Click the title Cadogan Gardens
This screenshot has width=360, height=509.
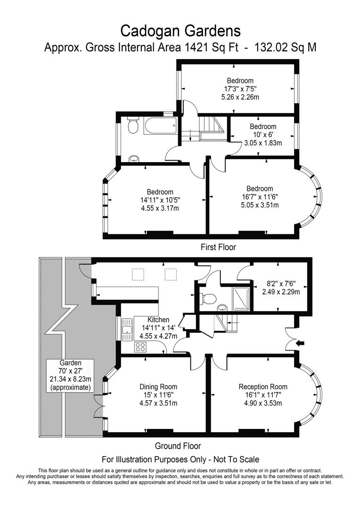(x=180, y=31)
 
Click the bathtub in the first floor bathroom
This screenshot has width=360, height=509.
(x=161, y=126)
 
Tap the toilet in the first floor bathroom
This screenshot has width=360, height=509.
(x=132, y=126)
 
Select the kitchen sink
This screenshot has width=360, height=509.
(x=127, y=329)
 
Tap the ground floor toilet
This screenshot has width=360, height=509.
(x=208, y=298)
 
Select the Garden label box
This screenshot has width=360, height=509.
(x=71, y=375)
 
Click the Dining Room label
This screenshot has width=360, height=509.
(x=158, y=387)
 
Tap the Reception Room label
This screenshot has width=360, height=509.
(x=262, y=387)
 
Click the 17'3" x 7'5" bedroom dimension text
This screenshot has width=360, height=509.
(x=240, y=89)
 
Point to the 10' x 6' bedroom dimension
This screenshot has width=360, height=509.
(x=262, y=135)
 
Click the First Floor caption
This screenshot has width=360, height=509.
(x=218, y=247)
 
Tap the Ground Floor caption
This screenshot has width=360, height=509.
(x=178, y=446)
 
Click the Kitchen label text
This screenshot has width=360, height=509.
(x=158, y=320)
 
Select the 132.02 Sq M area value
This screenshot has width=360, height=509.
(x=285, y=48)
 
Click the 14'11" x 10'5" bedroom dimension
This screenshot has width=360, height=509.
(x=160, y=200)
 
